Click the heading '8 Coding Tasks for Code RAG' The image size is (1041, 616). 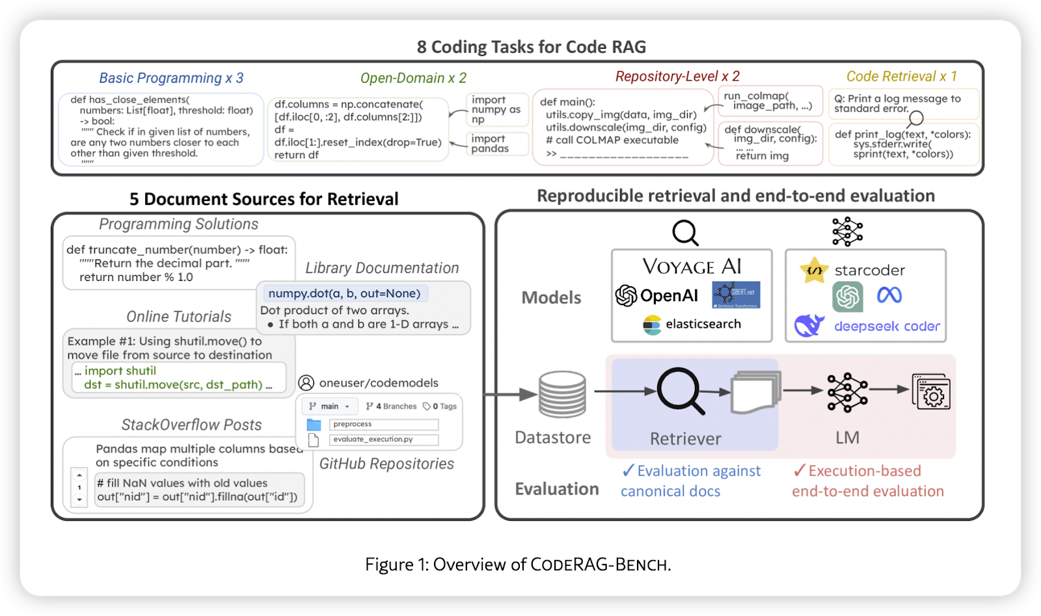tap(531, 47)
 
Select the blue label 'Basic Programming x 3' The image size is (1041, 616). tap(171, 78)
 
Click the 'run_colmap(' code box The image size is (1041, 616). tap(770, 101)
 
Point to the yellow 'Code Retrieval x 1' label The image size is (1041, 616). tap(901, 76)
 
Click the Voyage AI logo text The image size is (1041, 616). tap(692, 267)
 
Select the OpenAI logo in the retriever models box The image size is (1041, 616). tap(656, 296)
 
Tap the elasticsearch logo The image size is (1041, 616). tap(692, 324)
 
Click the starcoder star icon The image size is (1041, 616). tap(813, 270)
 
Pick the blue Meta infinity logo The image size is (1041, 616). tap(889, 296)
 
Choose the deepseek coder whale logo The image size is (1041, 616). tap(809, 325)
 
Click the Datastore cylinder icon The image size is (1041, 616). tap(562, 395)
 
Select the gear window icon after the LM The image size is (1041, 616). tap(931, 392)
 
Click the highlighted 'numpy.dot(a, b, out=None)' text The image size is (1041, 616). tap(344, 293)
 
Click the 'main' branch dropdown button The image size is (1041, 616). tap(331, 407)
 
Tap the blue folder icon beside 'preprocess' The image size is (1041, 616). tap(314, 425)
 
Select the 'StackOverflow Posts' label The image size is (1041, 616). tap(191, 425)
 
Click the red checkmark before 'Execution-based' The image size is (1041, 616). tap(799, 470)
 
